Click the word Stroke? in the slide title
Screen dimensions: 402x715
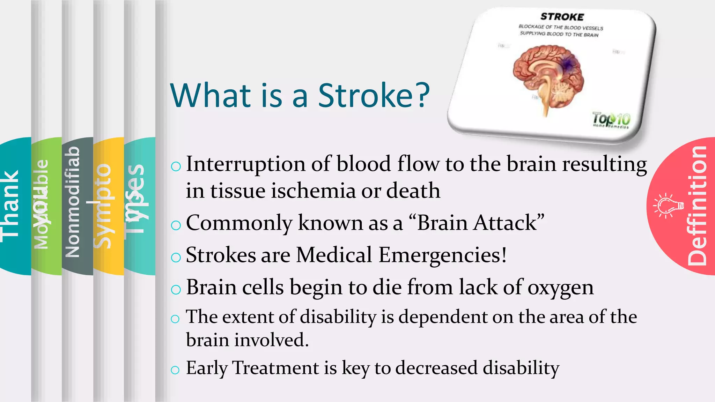click(374, 96)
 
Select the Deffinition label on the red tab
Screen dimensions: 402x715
click(697, 206)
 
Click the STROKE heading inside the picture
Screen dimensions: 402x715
click(562, 17)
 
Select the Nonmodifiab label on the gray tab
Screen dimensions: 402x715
click(73, 202)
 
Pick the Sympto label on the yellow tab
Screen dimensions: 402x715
click(103, 206)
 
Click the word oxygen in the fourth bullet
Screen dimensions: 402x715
click(560, 288)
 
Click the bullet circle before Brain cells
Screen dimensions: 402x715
click(176, 289)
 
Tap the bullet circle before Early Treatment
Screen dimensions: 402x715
click(175, 370)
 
